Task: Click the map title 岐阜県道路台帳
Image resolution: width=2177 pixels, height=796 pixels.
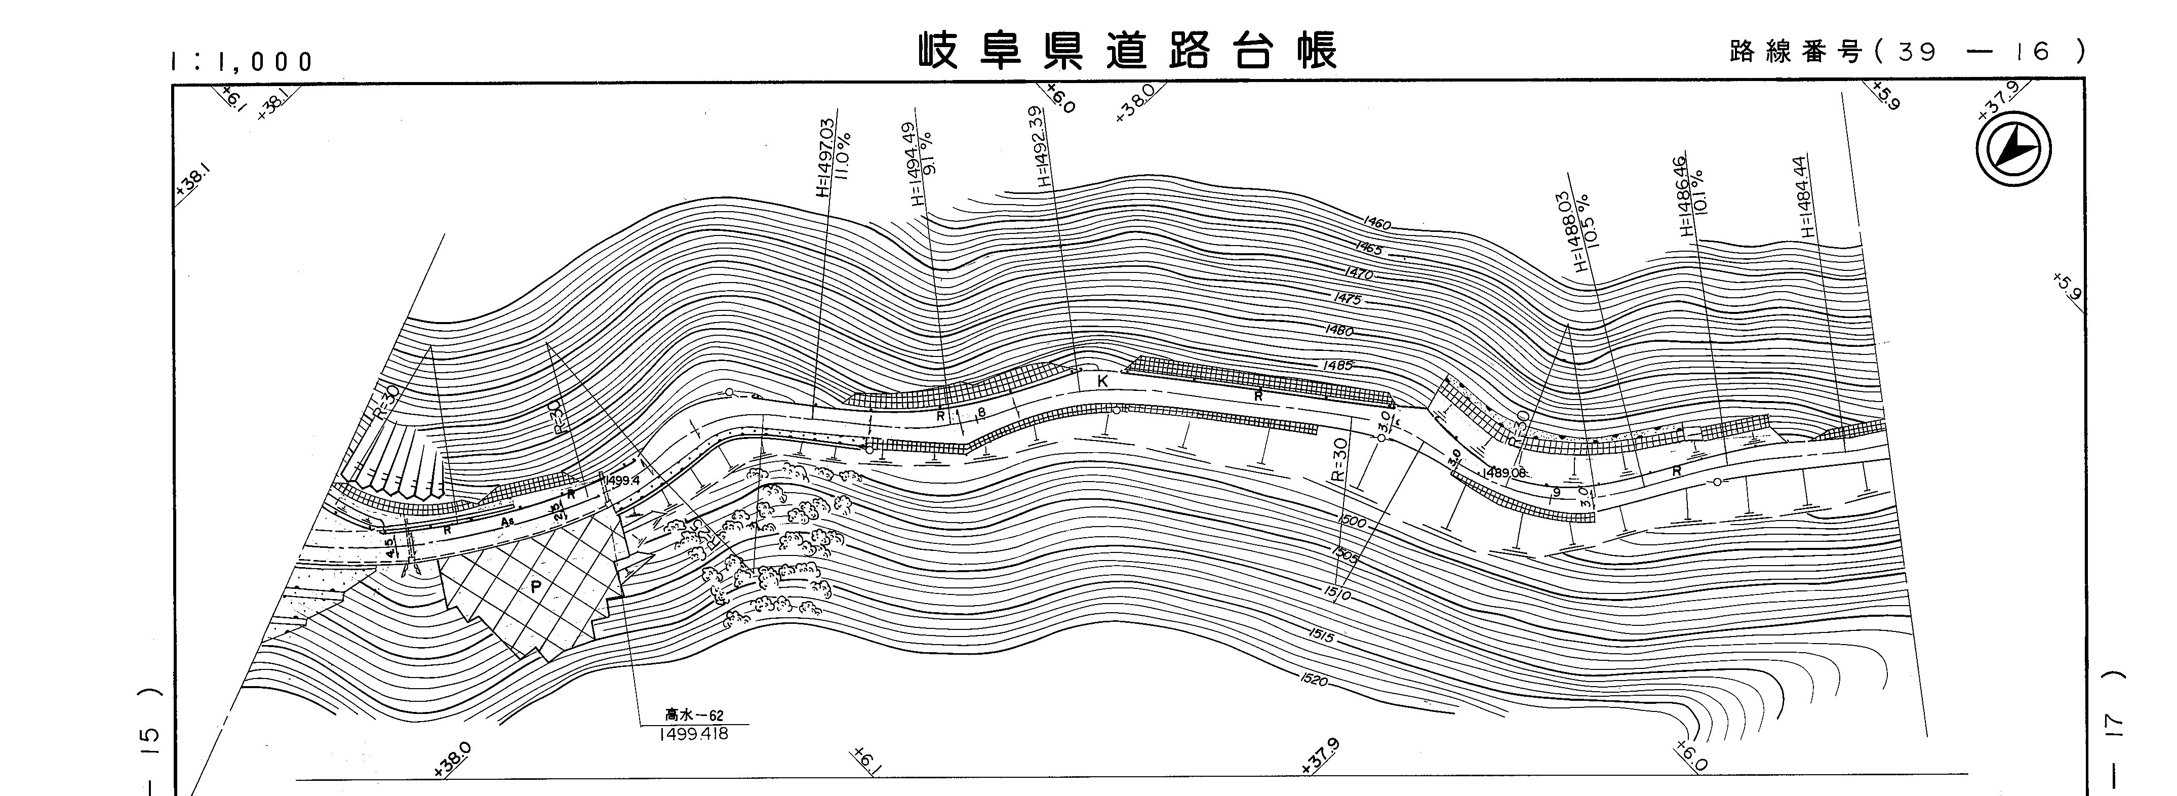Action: (x=1128, y=51)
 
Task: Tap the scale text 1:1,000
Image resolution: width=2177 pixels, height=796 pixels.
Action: (x=241, y=62)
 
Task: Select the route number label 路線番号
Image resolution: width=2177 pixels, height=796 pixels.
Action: (x=1795, y=52)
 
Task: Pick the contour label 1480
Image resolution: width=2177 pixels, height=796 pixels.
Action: (x=1339, y=330)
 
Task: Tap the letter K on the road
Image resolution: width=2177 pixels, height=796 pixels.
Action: (x=1101, y=382)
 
